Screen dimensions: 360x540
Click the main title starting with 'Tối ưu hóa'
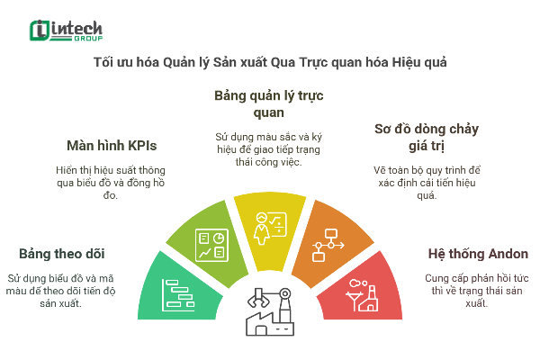click(270, 64)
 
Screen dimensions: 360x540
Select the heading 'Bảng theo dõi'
click(62, 253)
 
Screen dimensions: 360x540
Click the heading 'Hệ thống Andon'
click(477, 253)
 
